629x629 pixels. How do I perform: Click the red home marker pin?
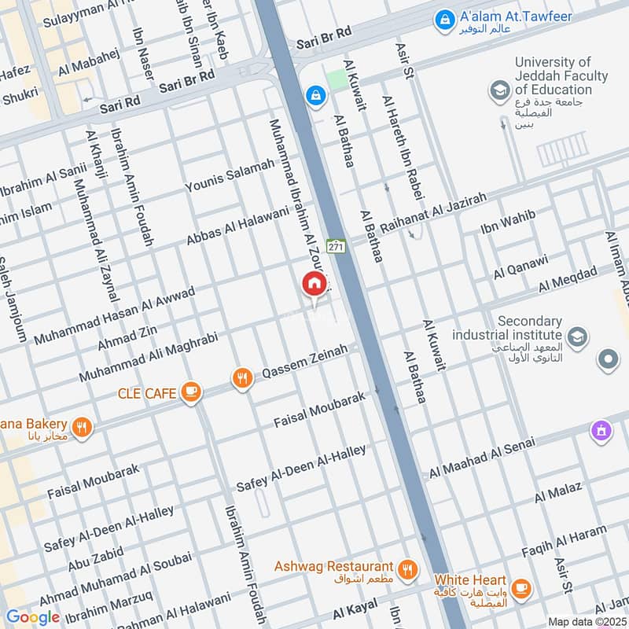314,284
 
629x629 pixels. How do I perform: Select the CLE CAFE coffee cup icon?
190,392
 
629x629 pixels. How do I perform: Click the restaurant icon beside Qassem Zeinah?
242,380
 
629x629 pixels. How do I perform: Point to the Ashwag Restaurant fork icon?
407,569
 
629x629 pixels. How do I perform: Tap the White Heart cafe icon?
520,587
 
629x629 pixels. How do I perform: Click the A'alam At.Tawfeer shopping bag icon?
445,17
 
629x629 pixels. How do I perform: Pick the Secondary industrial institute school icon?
576,337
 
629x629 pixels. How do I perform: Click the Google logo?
32,617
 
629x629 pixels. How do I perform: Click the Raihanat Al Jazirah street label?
434,211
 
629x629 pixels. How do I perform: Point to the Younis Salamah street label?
230,175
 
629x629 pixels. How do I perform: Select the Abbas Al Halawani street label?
237,226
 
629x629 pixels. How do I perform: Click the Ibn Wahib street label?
508,223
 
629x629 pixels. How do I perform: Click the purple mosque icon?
601,430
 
